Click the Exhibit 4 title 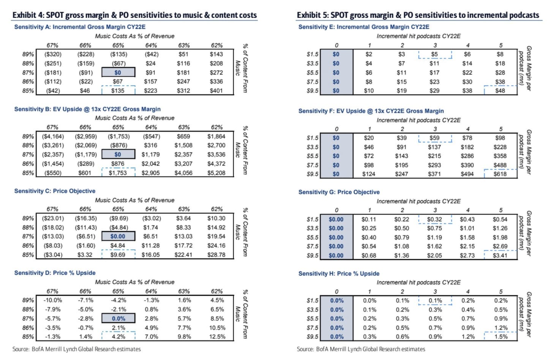point(134,15)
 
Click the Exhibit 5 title point(418,15)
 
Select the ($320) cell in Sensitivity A point(53,54)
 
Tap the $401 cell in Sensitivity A point(216,91)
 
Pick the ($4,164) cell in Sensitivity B point(53,136)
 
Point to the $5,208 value point(216,173)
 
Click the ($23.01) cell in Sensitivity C point(53,219)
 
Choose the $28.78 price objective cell point(216,255)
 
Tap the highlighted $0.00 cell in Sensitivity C point(118,236)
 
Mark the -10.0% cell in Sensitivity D point(52,300)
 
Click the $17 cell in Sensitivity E point(434,73)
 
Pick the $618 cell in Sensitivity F point(500,174)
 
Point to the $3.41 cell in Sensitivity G point(500,255)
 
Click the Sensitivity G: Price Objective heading point(339,192)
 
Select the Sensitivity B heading point(87,109)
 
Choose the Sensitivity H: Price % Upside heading point(339,274)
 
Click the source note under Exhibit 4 point(77,349)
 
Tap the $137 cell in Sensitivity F point(434,147)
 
